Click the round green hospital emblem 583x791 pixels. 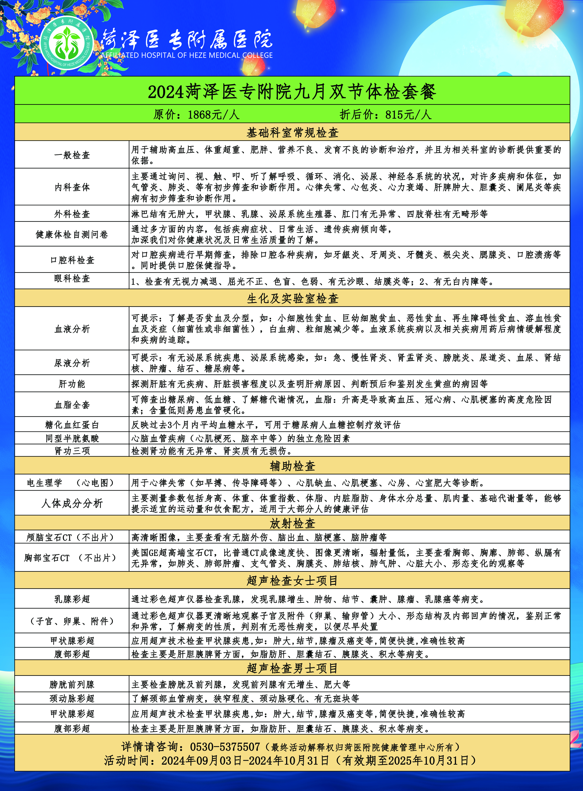coord(67,43)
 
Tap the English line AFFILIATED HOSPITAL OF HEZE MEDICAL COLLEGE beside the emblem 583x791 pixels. coord(187,55)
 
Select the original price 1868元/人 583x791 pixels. coord(196,114)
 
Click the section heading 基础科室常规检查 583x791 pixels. coord(292,133)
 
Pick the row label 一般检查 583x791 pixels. coord(72,155)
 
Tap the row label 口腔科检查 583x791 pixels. coord(72,260)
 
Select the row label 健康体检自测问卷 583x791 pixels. coord(72,234)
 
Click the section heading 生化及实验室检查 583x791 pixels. coord(292,298)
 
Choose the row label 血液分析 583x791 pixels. coord(72,329)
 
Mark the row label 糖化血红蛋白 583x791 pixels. coord(72,425)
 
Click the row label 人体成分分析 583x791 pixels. coord(72,503)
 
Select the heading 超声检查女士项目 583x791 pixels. coord(292,580)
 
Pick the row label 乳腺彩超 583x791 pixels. coord(72,599)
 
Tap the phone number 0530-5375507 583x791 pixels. coord(225,747)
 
